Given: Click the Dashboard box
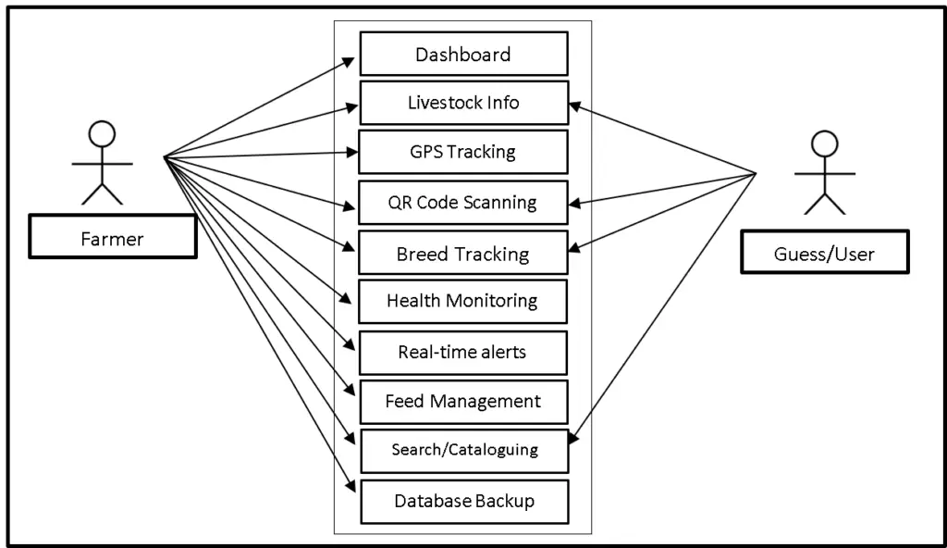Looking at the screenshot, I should (x=462, y=55).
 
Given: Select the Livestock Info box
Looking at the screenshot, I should (x=462, y=103).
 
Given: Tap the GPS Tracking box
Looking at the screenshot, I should (x=462, y=152).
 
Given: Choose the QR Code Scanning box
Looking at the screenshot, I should (x=462, y=203).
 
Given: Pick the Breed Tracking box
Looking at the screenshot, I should (x=462, y=254).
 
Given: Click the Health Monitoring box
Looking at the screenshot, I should (x=462, y=301).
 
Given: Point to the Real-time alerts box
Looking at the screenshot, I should (x=462, y=352).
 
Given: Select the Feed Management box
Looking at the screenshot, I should (x=462, y=402).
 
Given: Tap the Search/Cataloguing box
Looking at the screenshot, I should (x=462, y=450).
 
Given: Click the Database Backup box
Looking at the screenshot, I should (x=462, y=501).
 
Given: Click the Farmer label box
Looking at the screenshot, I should (x=112, y=239).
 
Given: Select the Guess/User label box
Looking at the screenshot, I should (x=824, y=254).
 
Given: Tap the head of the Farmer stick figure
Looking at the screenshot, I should (x=102, y=134).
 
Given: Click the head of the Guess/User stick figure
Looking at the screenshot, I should (x=824, y=144).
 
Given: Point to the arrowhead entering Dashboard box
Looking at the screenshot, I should (x=350, y=60).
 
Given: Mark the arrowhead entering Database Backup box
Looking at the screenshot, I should (x=351, y=488).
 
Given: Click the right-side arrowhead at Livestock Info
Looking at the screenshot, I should (x=575, y=105).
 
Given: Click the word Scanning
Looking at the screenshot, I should (x=499, y=203).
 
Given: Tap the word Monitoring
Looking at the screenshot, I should (x=492, y=301).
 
